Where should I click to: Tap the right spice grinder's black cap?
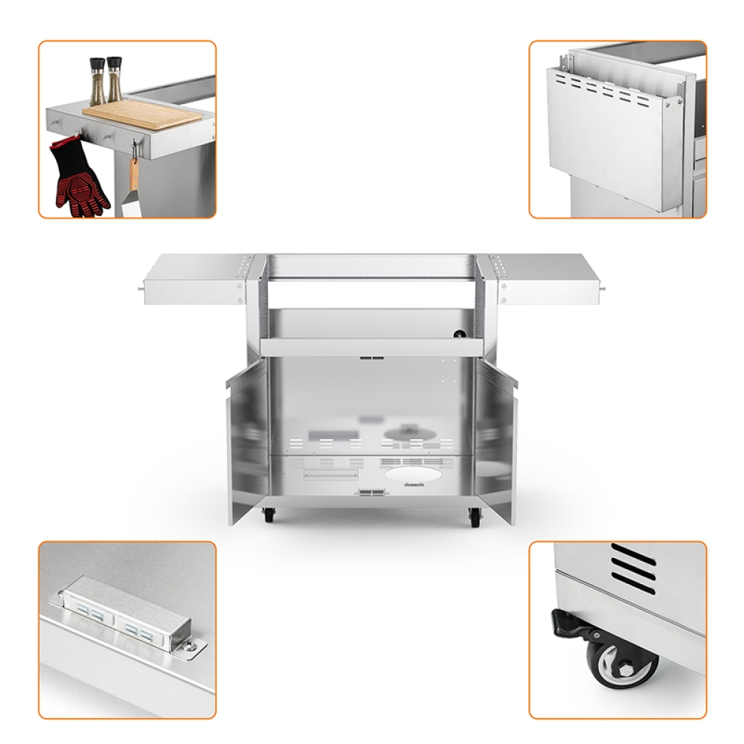coord(114,62)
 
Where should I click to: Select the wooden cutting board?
coord(141,115)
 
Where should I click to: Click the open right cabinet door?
coord(495,439)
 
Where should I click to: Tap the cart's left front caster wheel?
coord(268,515)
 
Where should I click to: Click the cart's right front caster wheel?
coord(475,518)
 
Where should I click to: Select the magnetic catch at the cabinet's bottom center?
coord(371,493)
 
